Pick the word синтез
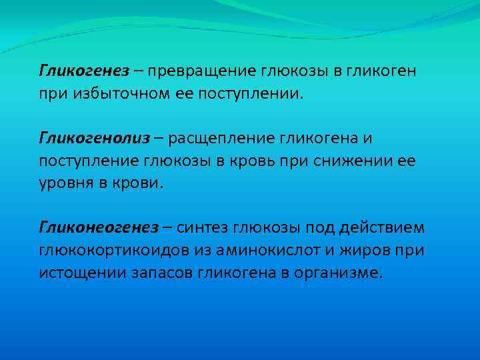coord(203,229)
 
